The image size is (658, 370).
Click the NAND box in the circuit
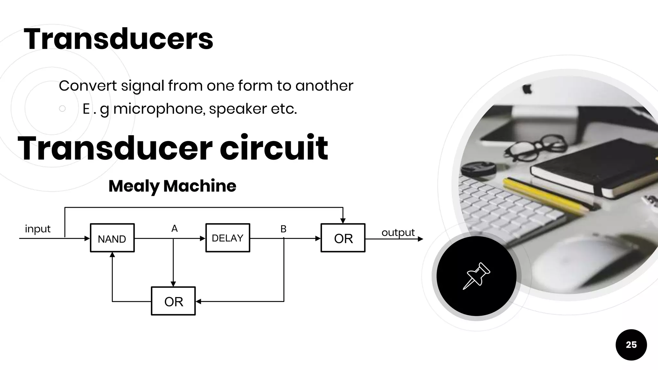coord(112,238)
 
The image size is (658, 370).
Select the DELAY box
coord(227,238)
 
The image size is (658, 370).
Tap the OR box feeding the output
coord(343,238)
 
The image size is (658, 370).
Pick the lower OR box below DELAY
coord(173,301)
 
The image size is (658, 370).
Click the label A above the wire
coord(174,228)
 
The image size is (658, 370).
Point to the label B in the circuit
coord(283,229)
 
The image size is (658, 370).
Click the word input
coord(38,229)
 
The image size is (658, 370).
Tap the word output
coord(398,232)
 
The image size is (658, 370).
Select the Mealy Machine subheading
coord(172,186)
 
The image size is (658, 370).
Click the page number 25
coord(631,345)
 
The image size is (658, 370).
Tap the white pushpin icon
coord(476,276)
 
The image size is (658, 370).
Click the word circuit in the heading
coord(274,148)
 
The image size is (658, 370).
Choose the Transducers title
coord(118,39)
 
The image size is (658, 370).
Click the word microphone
coord(159,109)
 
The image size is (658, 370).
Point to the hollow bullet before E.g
coord(62,109)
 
